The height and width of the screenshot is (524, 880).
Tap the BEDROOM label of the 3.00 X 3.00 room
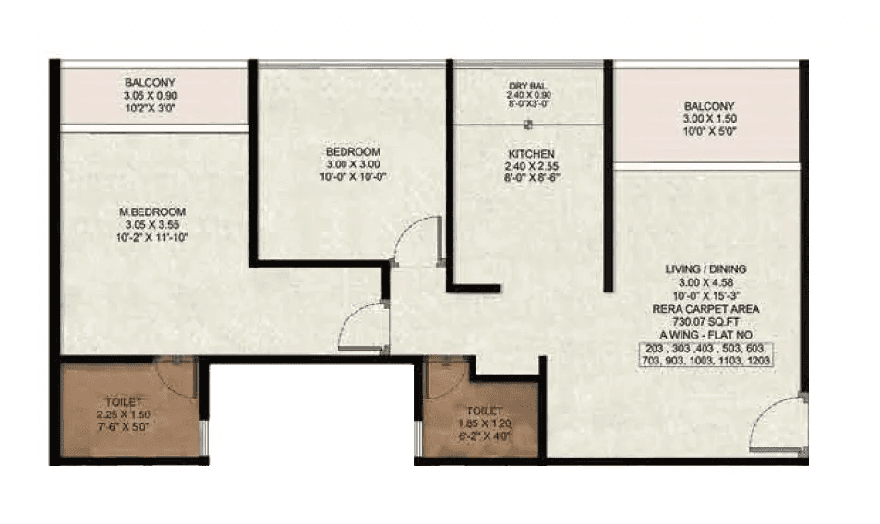353,151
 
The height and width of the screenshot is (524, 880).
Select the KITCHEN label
531,153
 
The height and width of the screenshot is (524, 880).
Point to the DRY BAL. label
529,88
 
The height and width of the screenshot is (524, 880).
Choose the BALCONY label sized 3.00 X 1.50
709,106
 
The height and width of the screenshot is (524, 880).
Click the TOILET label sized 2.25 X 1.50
124,402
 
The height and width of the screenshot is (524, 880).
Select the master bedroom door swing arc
361,327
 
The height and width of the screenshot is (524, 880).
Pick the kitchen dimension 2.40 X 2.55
531,166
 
